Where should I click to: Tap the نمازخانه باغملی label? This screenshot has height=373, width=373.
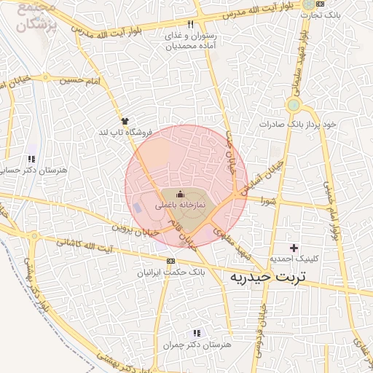[181, 206]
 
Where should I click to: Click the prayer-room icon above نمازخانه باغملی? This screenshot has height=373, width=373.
[181, 195]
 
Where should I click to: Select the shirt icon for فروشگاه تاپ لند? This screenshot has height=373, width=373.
[125, 121]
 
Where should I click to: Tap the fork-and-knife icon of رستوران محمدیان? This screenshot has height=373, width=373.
[190, 24]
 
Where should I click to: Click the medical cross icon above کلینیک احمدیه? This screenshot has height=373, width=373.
[294, 248]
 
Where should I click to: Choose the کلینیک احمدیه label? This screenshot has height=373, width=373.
[292, 259]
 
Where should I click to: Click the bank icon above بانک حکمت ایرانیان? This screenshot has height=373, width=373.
[170, 261]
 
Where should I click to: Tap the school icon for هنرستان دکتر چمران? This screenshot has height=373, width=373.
[195, 332]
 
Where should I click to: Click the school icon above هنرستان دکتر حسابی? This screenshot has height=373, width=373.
[31, 158]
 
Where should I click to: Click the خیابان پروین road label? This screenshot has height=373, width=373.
[135, 229]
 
